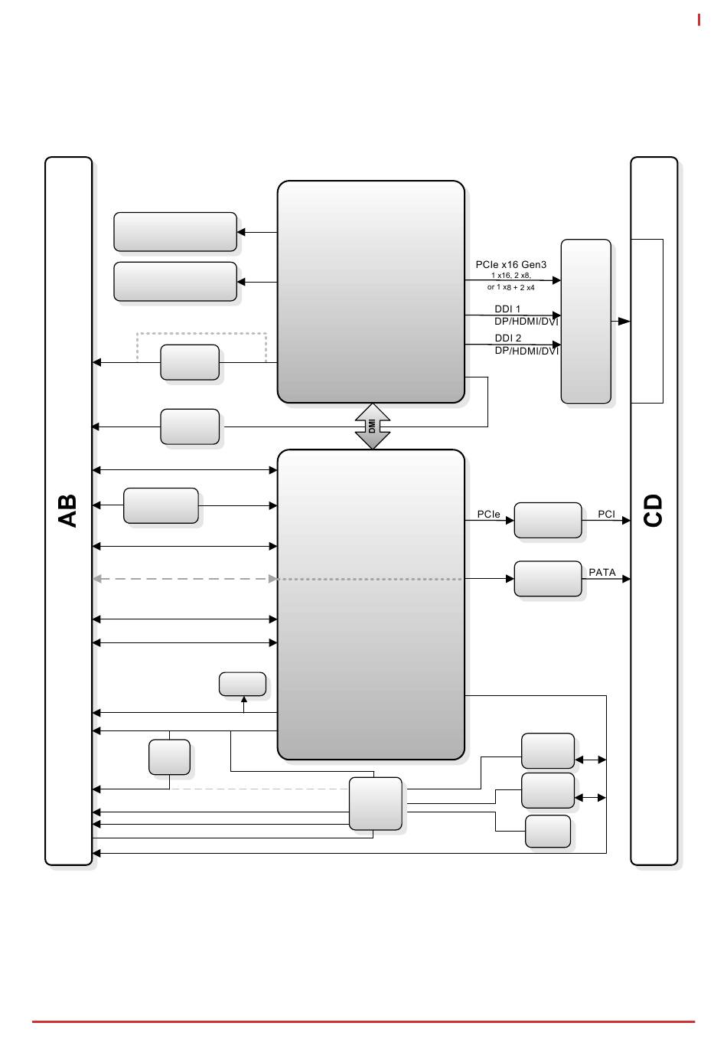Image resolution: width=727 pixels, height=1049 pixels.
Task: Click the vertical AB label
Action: click(x=68, y=511)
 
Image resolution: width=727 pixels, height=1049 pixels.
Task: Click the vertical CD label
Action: click(x=654, y=511)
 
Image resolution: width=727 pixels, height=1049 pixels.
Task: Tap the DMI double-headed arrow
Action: click(x=373, y=426)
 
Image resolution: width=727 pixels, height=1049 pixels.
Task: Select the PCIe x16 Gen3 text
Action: click(x=511, y=265)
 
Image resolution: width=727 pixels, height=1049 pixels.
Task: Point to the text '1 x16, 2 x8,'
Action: click(x=510, y=276)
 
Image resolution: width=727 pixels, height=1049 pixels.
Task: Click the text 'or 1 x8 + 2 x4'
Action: click(x=510, y=288)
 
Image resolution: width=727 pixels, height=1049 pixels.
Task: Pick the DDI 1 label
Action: click(x=507, y=309)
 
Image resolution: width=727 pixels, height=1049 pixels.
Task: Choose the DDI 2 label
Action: click(x=508, y=338)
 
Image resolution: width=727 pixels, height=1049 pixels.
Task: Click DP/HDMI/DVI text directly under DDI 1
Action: click(x=527, y=322)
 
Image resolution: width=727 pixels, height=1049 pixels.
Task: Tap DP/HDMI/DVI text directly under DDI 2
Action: click(x=527, y=351)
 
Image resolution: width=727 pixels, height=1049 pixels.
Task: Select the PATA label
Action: click(x=602, y=572)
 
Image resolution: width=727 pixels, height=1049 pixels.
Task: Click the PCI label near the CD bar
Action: click(x=606, y=515)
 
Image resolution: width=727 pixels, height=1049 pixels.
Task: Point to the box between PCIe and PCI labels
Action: click(x=548, y=521)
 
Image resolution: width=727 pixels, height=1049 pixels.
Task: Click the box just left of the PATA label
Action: click(x=548, y=579)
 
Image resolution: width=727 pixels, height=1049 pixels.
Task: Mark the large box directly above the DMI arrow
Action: click(x=370, y=292)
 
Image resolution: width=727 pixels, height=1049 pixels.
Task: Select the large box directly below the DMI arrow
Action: click(x=370, y=604)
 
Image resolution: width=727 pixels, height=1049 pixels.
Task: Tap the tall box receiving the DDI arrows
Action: click(x=586, y=322)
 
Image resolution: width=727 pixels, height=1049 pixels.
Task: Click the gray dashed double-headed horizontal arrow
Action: click(x=184, y=580)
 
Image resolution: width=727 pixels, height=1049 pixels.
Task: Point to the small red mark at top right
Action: click(x=699, y=20)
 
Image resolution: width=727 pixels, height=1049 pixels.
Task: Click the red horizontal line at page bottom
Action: click(x=363, y=1021)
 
